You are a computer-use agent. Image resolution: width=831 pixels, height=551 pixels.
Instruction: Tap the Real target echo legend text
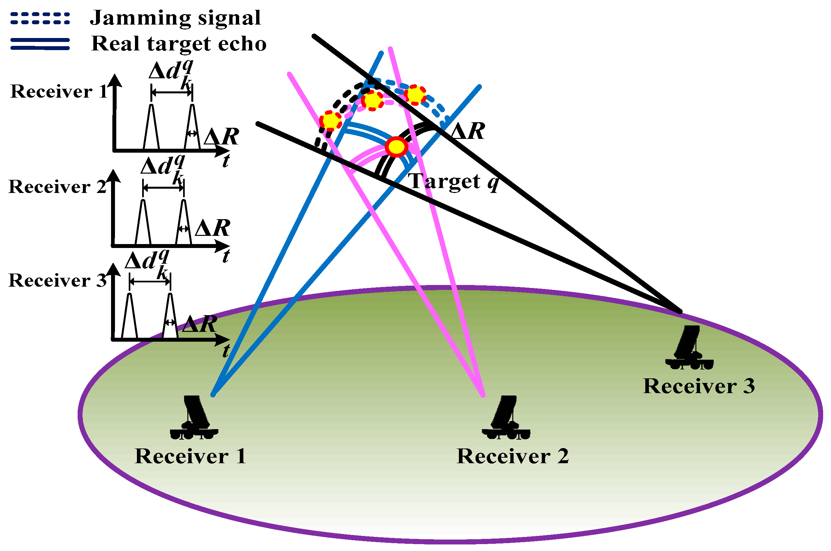coord(179,44)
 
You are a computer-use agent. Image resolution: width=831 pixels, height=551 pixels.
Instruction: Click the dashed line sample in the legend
coord(40,18)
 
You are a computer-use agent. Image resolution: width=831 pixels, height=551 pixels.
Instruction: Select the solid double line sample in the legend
coord(40,44)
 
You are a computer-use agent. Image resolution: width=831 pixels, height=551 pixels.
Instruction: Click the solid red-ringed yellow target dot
coord(396,146)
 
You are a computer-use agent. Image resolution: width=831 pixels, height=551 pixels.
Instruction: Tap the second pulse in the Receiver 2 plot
coord(183,223)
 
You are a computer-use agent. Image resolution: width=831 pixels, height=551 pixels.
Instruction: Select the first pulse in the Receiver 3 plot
coord(130,316)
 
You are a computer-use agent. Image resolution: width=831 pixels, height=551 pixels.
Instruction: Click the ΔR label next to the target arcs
coord(467,131)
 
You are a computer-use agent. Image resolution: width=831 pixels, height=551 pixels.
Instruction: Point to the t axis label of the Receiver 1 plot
coord(226,161)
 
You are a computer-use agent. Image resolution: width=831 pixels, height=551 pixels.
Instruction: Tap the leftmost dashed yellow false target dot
coord(330,121)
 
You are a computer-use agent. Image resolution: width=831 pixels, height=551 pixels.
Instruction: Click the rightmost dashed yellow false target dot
coord(415,95)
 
